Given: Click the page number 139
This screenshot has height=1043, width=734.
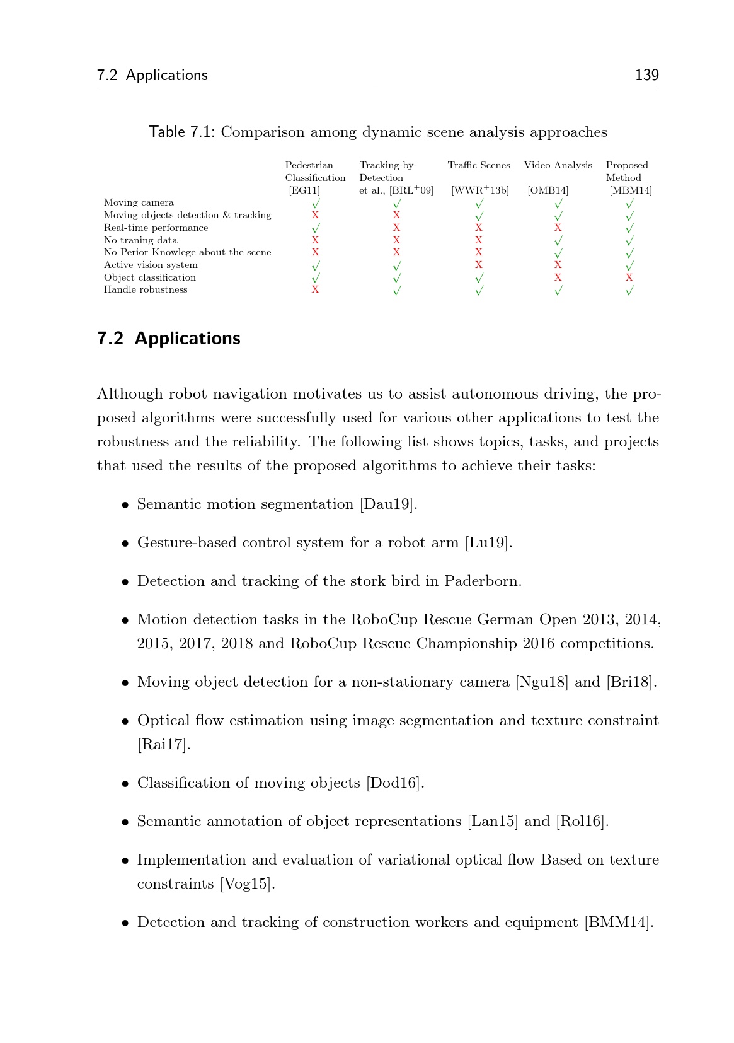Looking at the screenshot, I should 646,75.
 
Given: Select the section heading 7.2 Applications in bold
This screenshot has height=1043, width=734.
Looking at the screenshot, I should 168,339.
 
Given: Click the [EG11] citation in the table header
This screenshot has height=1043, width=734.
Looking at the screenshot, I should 304,190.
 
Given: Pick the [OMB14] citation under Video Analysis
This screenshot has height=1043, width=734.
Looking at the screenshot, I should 548,190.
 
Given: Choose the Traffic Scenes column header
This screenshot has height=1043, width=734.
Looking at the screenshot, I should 479,165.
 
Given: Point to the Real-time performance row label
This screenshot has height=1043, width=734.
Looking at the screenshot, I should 156,228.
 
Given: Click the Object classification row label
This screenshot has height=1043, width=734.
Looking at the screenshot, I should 150,277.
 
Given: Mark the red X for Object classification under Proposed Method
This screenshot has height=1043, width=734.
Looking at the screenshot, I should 629,277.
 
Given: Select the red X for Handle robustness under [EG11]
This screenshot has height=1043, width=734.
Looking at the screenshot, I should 315,289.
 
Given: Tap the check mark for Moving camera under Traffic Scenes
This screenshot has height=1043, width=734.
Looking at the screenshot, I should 479,203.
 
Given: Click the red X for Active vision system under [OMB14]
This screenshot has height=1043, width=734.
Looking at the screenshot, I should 558,265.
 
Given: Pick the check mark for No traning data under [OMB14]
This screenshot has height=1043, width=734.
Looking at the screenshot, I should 558,240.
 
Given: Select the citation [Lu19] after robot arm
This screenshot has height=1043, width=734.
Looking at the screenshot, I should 488,543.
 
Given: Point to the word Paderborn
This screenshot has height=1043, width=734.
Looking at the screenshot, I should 482,581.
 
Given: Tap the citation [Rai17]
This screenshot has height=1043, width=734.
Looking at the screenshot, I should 163,745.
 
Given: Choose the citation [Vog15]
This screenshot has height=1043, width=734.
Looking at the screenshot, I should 247,884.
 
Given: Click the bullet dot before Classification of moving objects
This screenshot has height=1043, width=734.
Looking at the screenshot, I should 125,784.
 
